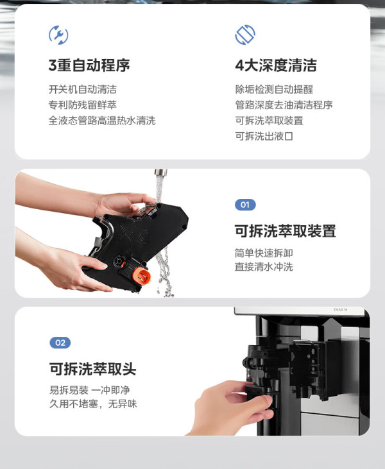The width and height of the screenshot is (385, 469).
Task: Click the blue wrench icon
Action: point(58,35)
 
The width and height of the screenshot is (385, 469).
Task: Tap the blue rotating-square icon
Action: point(245,35)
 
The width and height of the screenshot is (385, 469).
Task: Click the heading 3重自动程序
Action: point(89,65)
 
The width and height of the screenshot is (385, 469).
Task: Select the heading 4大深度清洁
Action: point(276,65)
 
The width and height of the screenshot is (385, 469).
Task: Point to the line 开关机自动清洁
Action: point(83,89)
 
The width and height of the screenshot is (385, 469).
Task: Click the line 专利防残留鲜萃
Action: point(83,105)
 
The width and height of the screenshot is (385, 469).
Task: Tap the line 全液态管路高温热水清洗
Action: point(102,121)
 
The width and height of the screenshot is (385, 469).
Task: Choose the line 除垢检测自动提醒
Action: point(274,89)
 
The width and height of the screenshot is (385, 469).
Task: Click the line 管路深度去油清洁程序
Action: point(284,105)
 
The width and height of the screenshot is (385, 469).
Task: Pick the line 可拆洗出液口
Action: point(264,136)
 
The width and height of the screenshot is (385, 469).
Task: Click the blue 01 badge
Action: point(245,205)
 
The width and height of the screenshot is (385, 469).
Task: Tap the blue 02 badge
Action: point(60,343)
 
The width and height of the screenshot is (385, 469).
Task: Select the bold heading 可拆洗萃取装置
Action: point(285,231)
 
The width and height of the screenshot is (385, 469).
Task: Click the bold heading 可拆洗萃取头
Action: point(93,369)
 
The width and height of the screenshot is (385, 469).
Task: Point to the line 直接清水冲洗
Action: point(264,266)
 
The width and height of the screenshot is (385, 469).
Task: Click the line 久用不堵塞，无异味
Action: point(93,404)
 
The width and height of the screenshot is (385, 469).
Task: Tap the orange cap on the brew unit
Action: point(141,276)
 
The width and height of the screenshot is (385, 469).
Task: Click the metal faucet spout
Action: point(160,173)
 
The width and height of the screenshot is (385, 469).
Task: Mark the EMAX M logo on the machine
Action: point(341,310)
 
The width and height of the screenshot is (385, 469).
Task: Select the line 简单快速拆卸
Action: point(264,253)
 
